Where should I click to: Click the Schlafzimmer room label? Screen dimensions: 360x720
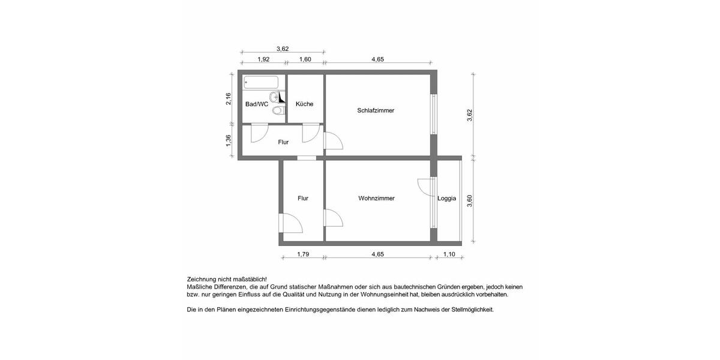(376, 110)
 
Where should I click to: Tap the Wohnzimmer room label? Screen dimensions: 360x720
(376, 199)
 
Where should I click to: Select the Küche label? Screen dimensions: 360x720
(304, 104)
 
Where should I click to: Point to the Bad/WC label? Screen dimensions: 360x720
(256, 104)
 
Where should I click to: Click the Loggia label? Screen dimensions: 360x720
(446, 199)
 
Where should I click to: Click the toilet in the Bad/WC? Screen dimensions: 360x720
(277, 111)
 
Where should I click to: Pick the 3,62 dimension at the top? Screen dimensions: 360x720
(283, 49)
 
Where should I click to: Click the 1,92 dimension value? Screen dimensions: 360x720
(263, 59)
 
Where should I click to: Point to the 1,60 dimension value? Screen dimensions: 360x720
(305, 59)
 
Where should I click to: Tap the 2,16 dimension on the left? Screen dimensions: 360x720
(229, 99)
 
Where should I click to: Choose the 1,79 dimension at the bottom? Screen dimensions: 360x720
(303, 254)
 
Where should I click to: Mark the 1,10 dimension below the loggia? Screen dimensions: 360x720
(449, 254)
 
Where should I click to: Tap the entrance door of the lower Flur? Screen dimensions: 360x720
(293, 225)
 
